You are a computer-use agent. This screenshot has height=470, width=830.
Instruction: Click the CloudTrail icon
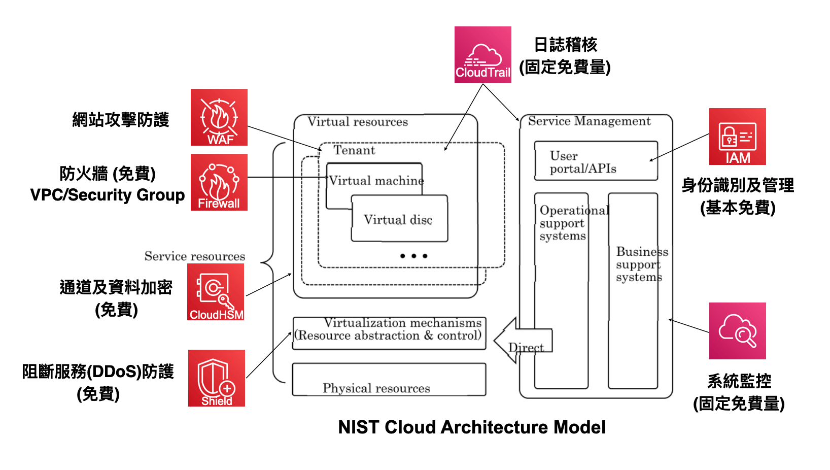[x=482, y=55]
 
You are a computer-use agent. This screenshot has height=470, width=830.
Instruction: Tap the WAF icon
[x=219, y=117]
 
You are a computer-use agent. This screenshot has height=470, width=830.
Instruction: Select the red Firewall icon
[x=219, y=182]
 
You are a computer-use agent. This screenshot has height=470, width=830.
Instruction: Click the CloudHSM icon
[x=216, y=292]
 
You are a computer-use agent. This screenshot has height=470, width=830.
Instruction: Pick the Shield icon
[x=217, y=378]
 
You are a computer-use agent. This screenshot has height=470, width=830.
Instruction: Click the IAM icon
[x=737, y=137]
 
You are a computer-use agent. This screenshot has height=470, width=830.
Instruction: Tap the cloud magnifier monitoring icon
[x=737, y=331]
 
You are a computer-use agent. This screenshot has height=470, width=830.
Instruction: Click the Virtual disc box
[x=399, y=219]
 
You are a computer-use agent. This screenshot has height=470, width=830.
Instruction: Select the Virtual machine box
[x=374, y=180]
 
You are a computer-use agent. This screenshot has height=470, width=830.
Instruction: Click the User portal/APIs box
[x=596, y=161]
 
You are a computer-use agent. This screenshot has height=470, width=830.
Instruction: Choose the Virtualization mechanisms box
[x=389, y=333]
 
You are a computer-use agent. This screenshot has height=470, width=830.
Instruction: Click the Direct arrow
[x=524, y=341]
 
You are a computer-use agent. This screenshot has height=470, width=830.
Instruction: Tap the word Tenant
[x=354, y=150]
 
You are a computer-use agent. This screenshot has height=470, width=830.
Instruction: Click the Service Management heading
[x=589, y=121]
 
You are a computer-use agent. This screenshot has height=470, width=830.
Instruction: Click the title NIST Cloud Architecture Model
[x=472, y=427]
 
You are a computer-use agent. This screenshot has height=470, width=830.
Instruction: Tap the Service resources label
[x=195, y=256]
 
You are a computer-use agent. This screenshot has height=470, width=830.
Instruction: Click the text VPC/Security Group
[x=108, y=195]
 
